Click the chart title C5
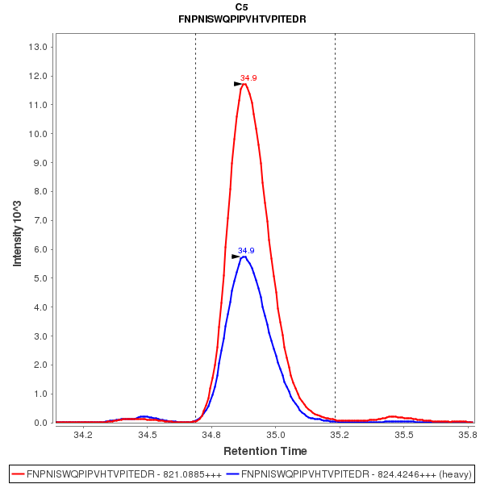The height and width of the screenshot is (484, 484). (x=242, y=6)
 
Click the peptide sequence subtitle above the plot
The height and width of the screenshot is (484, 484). (x=242, y=19)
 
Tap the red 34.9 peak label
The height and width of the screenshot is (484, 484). (x=248, y=78)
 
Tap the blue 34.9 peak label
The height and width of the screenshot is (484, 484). (x=246, y=251)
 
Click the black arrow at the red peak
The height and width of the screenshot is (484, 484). (x=238, y=84)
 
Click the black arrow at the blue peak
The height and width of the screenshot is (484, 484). (x=236, y=257)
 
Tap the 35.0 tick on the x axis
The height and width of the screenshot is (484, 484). (x=276, y=435)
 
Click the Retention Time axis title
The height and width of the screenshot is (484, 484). (x=265, y=450)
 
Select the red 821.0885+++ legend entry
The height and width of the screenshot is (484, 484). (x=116, y=474)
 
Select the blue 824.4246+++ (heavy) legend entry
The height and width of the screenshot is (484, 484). (x=348, y=474)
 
